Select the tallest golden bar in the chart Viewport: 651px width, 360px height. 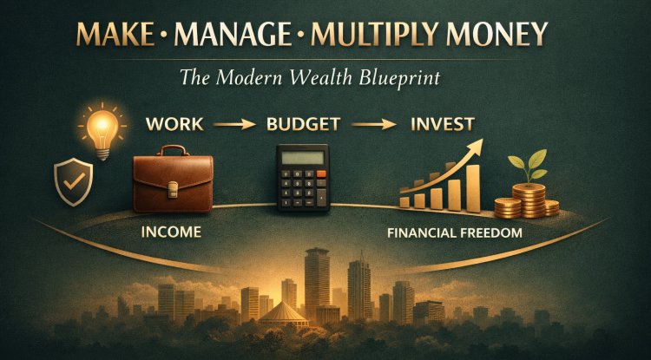point(472,186)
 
